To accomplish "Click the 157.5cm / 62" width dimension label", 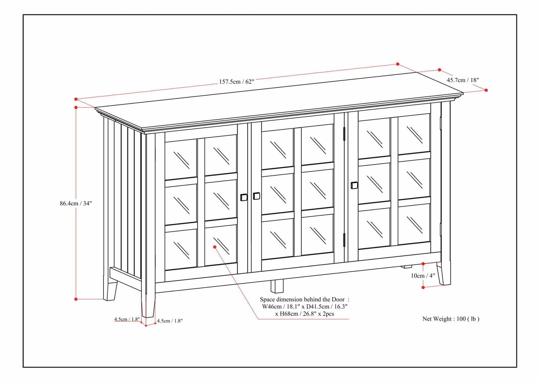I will point(236,81).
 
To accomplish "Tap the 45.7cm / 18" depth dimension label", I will point(463,80).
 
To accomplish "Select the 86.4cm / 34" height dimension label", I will point(76,203).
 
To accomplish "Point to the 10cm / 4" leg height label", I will point(423,276).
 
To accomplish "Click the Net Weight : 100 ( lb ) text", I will point(451,319).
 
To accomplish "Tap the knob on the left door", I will point(244,197).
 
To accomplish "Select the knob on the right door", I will point(354,185).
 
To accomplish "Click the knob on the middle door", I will point(256,195).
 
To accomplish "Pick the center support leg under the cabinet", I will point(277,286).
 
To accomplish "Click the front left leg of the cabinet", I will point(148,305).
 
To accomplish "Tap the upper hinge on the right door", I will point(344,133).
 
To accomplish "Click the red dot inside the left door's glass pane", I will point(215,247).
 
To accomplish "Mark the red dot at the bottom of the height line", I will point(76,299).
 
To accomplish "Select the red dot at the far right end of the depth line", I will point(486,90).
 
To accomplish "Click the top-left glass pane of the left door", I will point(181,160).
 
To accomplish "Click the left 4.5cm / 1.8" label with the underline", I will point(127,319).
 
